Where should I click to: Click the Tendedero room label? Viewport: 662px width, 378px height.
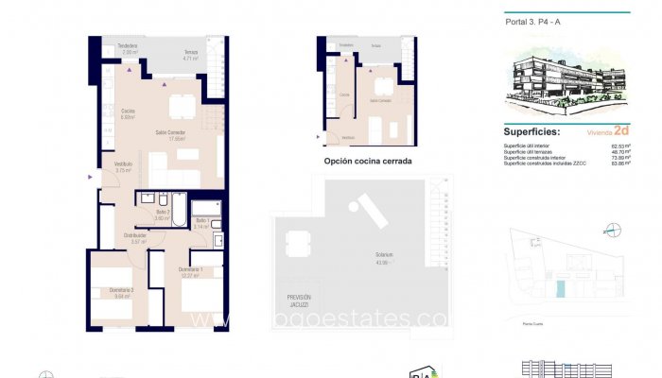(x=128, y=47)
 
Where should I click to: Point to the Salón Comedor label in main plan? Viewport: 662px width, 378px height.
(x=170, y=135)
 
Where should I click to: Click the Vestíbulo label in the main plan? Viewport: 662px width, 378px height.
(x=123, y=166)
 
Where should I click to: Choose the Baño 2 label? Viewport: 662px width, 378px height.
(x=162, y=214)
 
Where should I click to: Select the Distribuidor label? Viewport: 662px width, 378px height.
(x=135, y=238)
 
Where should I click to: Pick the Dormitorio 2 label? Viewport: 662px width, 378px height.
(x=120, y=292)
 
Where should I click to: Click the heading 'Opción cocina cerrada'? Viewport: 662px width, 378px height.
(x=367, y=162)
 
